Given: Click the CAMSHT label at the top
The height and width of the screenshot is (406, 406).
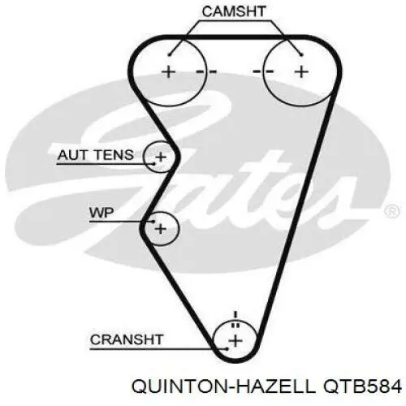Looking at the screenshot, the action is pos(234,11).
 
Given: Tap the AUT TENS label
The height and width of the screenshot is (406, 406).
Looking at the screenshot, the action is pos(96,155).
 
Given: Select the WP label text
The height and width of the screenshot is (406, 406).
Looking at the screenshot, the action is pos(101,213).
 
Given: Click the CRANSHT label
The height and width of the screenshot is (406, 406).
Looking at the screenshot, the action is pos(127,339).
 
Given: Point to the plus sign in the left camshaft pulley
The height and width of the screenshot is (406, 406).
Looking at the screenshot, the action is pos(168,72).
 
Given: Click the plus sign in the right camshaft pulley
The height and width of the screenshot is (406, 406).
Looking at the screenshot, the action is pos(301,72).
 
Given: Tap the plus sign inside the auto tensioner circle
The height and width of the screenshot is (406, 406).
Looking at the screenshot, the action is pos(161,157).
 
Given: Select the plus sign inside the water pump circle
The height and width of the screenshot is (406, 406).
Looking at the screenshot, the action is pos(161,229).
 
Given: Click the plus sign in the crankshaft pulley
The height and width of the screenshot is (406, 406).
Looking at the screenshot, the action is pos(235,341).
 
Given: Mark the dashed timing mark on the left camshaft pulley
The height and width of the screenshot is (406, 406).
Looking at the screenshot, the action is pos(206,71).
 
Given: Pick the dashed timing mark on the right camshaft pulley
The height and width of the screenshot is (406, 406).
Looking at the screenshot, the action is pos(263,71).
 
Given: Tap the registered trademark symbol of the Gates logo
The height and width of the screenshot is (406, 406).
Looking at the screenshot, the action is pos(392,211).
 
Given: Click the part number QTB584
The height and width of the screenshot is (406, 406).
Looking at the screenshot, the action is pos(361,387).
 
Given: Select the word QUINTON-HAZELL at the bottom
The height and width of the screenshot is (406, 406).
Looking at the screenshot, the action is pos(223,387).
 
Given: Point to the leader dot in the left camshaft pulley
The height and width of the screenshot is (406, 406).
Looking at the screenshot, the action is pos(169,55).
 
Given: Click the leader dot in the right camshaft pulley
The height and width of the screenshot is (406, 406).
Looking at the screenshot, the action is pos(301,55).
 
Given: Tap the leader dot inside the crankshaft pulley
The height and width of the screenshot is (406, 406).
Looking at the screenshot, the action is pos(227,349).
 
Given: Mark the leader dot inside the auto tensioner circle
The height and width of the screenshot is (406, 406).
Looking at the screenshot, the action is pos(154,164).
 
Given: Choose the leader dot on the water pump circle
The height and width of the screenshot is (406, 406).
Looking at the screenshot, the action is pos(153,222).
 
